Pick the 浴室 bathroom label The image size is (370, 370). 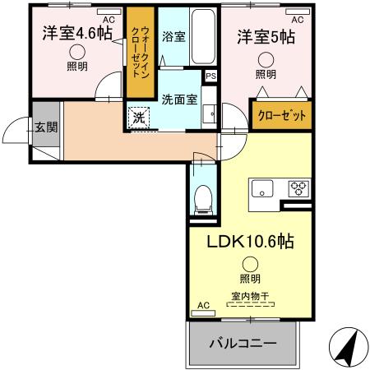[x=173, y=37]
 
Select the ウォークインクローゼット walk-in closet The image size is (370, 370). [x=138, y=52]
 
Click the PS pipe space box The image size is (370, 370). [x=211, y=77]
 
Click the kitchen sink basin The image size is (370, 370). [x=266, y=188]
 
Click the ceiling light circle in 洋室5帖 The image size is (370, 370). [x=266, y=59]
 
